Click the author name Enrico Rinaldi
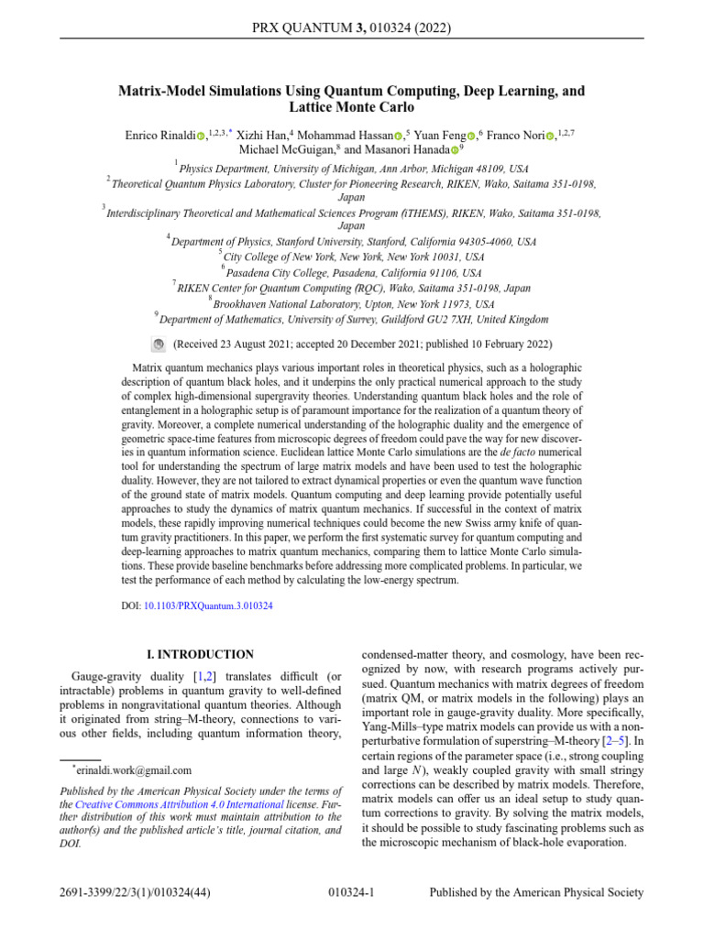(x=159, y=135)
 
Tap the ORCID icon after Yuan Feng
(x=471, y=136)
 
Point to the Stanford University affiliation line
(x=354, y=242)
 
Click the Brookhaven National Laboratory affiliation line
(x=354, y=304)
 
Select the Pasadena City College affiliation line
(x=354, y=273)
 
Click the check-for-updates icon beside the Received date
(x=157, y=344)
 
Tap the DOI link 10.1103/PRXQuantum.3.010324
(x=208, y=605)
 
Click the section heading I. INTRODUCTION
(x=201, y=655)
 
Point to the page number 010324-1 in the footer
(x=351, y=892)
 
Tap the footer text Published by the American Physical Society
(x=536, y=892)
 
